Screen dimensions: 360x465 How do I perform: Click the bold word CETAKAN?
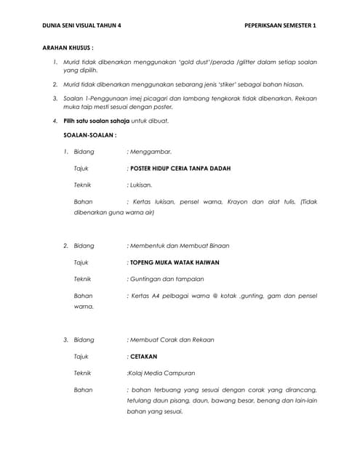(143, 357)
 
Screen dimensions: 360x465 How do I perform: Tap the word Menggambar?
(150, 151)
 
